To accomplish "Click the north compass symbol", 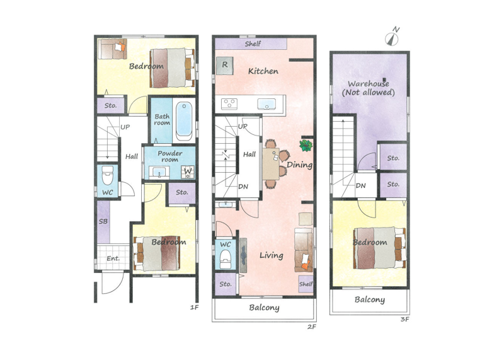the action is [x=392, y=38].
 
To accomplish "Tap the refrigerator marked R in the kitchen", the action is [x=225, y=66].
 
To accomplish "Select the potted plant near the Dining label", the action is [x=306, y=146].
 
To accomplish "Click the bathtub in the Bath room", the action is [x=184, y=121].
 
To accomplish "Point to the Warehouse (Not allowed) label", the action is [x=368, y=88].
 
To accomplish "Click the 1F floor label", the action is [x=195, y=308].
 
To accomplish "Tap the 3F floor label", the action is [x=404, y=320].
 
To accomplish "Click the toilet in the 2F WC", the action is [x=226, y=260].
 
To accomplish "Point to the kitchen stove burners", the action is [x=229, y=104].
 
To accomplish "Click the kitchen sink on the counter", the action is [x=266, y=104].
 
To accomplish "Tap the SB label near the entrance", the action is [x=103, y=221].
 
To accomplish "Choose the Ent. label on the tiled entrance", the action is [x=113, y=258].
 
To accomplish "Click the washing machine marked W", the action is [x=188, y=171].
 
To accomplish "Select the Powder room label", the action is [x=169, y=156].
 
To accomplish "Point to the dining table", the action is [x=271, y=164].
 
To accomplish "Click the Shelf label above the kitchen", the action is [x=253, y=44].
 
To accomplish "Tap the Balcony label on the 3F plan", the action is [x=370, y=300].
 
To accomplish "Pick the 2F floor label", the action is [x=312, y=327].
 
